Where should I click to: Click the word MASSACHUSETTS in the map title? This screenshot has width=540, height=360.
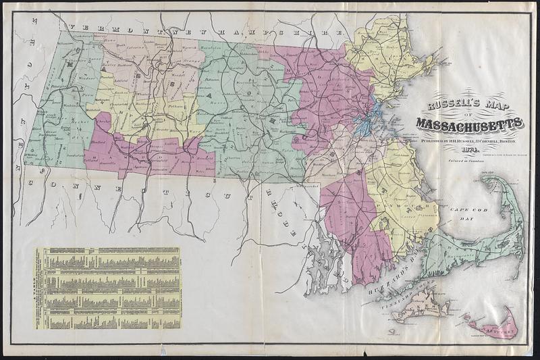pyautogui.click(x=468, y=124)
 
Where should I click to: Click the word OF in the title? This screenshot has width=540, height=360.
pyautogui.click(x=468, y=115)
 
